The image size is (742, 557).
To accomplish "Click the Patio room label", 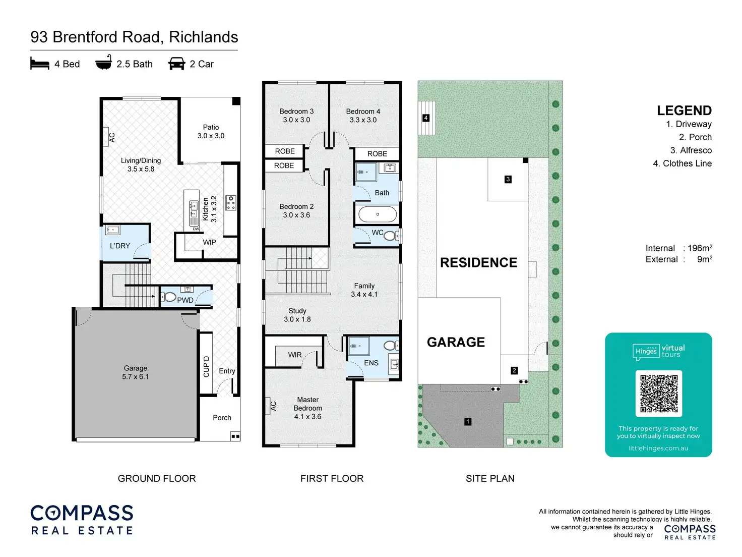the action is point(211,131).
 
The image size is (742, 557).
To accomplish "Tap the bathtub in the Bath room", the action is point(378,214).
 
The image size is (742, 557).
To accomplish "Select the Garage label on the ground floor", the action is point(135,372).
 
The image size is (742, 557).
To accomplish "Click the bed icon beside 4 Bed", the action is point(40,64).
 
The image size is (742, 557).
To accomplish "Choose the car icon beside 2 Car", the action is point(176,64).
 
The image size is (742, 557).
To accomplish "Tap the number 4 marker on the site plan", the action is point(426,118).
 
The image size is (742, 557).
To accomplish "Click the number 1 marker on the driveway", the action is point(468,421).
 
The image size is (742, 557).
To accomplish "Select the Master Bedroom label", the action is point(307,408).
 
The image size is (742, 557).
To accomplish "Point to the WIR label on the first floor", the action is point(295,355).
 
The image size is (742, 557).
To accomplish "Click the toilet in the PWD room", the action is point(170,297).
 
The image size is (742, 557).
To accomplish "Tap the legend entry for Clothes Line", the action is point(682,163).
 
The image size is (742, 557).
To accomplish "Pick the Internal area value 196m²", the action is point(700,248).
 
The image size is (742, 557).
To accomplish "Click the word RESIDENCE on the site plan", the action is point(478,262).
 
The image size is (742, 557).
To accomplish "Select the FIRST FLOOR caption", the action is point(332,478).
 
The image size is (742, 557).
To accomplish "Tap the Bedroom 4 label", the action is point(363,116).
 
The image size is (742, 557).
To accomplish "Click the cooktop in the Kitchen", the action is point(231,202).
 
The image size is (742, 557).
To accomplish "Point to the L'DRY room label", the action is point(120,246).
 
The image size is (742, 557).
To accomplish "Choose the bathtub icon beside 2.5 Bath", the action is point(103,63).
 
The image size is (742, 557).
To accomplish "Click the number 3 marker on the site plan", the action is point(508,179).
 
